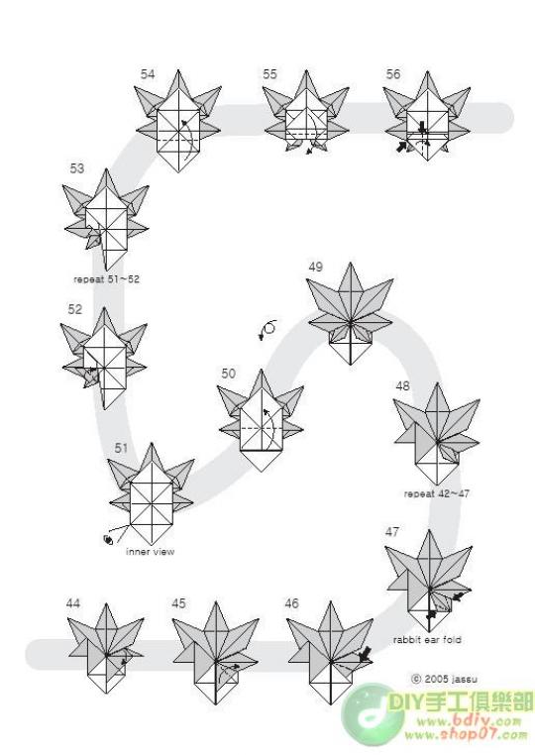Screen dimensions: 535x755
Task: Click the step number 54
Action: point(148,74)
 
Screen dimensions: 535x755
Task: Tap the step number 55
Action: point(269,74)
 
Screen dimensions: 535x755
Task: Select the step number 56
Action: point(393,74)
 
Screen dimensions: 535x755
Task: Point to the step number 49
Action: point(315,267)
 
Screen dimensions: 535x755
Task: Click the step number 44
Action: point(72,603)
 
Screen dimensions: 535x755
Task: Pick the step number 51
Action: point(121,448)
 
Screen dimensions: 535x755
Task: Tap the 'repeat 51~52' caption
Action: point(106,279)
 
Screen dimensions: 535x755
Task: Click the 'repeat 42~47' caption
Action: point(436,493)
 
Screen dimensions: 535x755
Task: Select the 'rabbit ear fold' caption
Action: point(427,640)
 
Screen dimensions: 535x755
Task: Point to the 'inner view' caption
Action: point(151,552)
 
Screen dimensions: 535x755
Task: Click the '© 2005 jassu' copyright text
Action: point(444,679)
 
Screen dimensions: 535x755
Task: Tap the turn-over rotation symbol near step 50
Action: point(268,329)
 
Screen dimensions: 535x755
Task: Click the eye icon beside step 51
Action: point(108,540)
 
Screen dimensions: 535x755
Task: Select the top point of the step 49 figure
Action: point(350,263)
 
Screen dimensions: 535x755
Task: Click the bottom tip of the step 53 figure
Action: point(106,270)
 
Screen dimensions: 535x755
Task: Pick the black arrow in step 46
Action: point(365,654)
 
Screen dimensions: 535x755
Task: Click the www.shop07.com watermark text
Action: point(466,735)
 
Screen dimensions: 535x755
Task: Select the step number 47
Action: point(392,532)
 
